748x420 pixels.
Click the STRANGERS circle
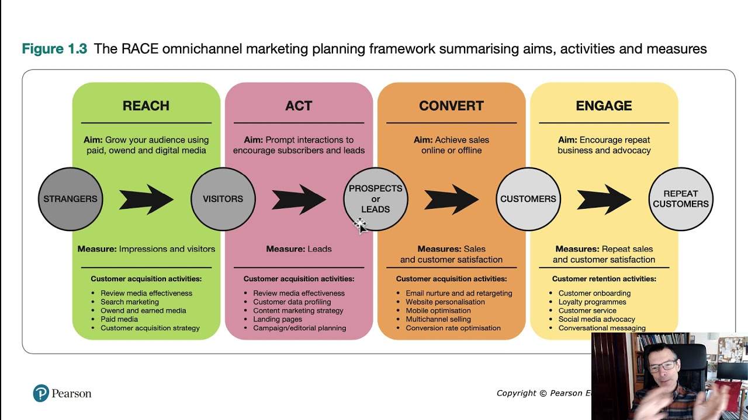[x=70, y=199]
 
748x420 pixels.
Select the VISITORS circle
[x=223, y=199]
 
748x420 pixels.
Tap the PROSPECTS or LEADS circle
[x=375, y=199]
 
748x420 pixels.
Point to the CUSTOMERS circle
[x=528, y=199]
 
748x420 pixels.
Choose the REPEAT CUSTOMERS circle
[x=681, y=199]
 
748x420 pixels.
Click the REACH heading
[x=146, y=106]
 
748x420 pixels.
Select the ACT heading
[x=299, y=106]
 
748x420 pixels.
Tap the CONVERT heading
[x=451, y=106]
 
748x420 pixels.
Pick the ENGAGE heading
[x=604, y=106]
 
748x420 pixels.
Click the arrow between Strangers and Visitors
[x=146, y=199]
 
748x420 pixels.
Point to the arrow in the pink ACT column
[x=299, y=199]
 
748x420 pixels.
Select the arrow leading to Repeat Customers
[x=604, y=199]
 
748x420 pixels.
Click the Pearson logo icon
[x=41, y=393]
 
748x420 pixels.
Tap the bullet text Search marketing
[x=130, y=302]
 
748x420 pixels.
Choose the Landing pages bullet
[x=278, y=319]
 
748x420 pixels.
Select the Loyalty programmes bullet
[x=592, y=302]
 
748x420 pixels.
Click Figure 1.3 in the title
[x=54, y=49]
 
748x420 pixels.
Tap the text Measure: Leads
[x=299, y=249]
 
